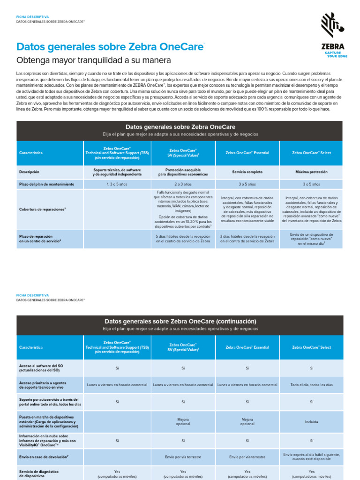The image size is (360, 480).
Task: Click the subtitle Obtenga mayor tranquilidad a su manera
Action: click(94, 60)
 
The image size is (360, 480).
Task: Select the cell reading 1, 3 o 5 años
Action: click(117, 184)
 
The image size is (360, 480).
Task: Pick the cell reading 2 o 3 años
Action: click(183, 184)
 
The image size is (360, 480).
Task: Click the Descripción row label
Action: click(30, 172)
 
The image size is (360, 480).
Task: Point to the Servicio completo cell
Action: click(247, 172)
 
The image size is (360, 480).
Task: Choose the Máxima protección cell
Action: click(311, 172)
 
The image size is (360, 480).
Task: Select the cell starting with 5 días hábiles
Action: click(183, 239)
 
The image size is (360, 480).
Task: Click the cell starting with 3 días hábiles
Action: click(247, 239)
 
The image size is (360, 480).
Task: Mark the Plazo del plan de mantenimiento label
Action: click(46, 184)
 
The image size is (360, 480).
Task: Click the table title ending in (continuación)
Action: click(180, 322)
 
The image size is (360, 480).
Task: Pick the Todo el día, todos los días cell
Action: click(311, 385)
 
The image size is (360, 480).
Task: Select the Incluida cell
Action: click(311, 422)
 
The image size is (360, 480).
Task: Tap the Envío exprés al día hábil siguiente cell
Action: click(311, 457)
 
